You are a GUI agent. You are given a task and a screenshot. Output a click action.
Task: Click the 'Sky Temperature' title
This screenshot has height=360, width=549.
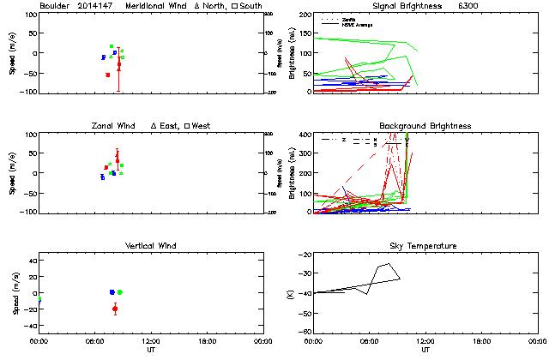point(426,246)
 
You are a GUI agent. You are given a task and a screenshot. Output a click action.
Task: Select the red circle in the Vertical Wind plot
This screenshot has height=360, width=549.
point(115,309)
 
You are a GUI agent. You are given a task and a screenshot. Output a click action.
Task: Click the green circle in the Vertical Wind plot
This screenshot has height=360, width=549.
point(120,292)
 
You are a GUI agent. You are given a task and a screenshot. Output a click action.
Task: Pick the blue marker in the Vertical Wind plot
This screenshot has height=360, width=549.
point(112,292)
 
